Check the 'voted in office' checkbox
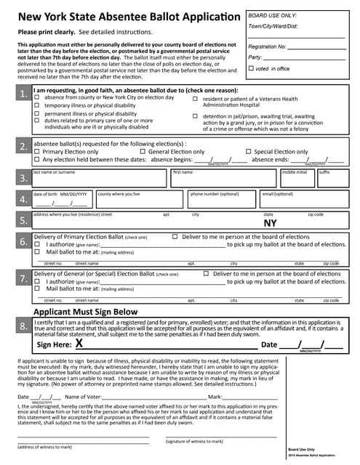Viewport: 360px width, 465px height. pos(251,68)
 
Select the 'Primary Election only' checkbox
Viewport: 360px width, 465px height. pos(37,152)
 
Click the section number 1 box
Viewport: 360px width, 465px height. pos(23,94)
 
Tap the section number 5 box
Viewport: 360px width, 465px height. pos(23,221)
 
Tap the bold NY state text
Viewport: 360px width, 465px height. pos(270,224)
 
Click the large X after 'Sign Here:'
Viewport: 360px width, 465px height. pos(79,344)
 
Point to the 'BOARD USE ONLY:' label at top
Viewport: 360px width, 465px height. pos(272,15)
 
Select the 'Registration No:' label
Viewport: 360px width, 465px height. pos(268,46)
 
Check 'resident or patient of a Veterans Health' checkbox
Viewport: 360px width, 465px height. pos(195,98)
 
